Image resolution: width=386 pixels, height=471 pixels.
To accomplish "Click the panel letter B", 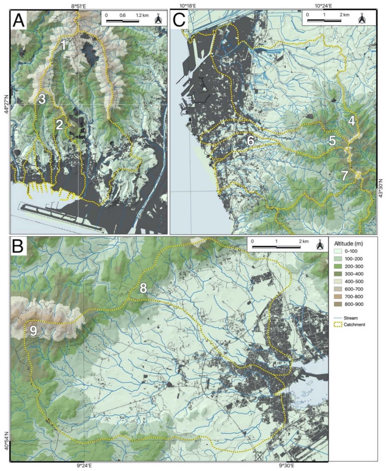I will click(x=18, y=246).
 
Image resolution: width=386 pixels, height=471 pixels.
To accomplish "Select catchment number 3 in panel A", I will click(x=42, y=99).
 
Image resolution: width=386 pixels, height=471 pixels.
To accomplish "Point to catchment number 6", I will click(x=250, y=140).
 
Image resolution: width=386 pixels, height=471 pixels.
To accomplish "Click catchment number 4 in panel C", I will click(x=351, y=121).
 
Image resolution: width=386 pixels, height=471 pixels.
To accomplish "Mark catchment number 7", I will click(x=345, y=176).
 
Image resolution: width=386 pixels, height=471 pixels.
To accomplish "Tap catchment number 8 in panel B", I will click(x=143, y=288).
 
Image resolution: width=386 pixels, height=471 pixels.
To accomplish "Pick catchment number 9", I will click(x=33, y=331).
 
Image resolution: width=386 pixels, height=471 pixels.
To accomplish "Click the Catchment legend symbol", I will click(x=338, y=325).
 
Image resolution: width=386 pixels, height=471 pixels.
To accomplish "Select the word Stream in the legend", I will click(x=351, y=318).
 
